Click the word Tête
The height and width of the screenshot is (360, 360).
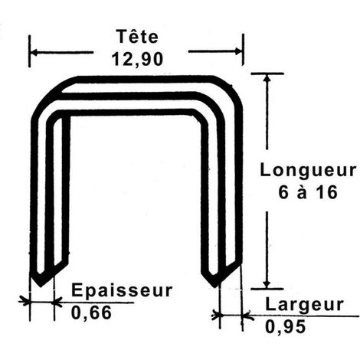(x=137, y=36)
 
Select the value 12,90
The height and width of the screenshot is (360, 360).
(x=137, y=59)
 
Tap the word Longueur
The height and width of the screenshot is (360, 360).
(x=308, y=171)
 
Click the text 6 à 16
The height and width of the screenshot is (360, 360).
(x=308, y=192)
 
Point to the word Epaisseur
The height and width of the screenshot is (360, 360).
(x=122, y=290)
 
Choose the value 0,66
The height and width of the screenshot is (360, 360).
(x=91, y=313)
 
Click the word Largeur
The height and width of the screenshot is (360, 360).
(x=304, y=305)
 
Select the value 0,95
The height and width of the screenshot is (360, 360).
(x=285, y=327)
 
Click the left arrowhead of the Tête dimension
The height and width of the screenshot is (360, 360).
(x=34, y=53)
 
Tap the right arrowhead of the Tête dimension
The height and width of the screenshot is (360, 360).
(x=239, y=51)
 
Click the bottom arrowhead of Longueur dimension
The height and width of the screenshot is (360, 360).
(x=267, y=284)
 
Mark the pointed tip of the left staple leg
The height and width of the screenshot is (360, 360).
(x=41, y=286)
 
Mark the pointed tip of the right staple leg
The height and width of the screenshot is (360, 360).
(x=214, y=287)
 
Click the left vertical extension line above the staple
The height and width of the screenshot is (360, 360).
(x=30, y=51)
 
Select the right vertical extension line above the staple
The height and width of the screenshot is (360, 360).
(x=243, y=50)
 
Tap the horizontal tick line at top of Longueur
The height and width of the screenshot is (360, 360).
(x=267, y=74)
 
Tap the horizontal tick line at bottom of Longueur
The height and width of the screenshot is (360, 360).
(x=267, y=289)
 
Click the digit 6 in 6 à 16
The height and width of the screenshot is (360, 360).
(x=283, y=192)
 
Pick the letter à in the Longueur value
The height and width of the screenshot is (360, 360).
(x=302, y=193)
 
